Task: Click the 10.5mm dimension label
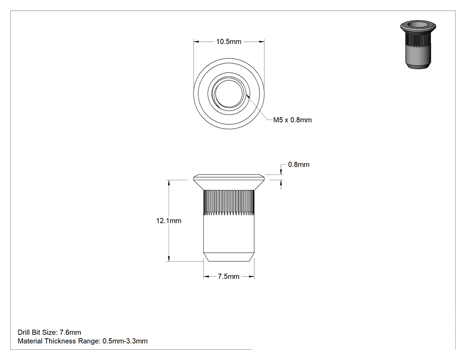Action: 229,42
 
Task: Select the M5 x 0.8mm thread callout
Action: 292,120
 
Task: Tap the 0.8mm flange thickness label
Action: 299,165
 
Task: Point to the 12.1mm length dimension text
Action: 169,221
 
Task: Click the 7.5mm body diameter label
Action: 229,277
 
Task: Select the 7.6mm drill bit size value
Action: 71,332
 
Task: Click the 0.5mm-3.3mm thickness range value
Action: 125,341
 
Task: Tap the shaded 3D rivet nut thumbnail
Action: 418,44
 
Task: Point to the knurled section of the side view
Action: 229,202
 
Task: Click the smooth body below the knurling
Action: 229,234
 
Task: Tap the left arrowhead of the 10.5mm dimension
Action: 196,42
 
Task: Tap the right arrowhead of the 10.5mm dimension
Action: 261,42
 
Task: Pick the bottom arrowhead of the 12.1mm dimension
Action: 169,259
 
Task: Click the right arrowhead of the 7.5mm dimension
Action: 252,277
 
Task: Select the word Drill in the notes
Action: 24,332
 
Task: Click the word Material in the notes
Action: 30,341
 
